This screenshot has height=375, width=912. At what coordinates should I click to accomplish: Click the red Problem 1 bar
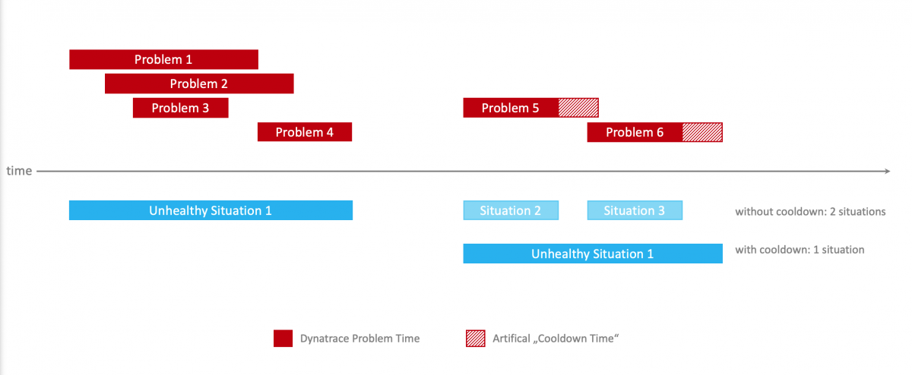pyautogui.click(x=163, y=59)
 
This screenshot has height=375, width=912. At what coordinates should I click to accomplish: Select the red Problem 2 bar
pyautogui.click(x=199, y=84)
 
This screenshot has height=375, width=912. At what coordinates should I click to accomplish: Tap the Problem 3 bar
pyautogui.click(x=180, y=108)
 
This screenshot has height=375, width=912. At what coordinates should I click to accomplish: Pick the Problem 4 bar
pyautogui.click(x=304, y=132)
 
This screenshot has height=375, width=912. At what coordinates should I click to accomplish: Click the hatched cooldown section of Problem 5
pyautogui.click(x=578, y=108)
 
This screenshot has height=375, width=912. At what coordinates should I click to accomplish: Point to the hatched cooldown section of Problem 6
pyautogui.click(x=702, y=132)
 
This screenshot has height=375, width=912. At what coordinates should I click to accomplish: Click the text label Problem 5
pyautogui.click(x=510, y=108)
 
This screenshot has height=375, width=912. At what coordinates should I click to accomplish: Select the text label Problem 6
pyautogui.click(x=635, y=132)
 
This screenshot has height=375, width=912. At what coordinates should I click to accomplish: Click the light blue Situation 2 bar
pyautogui.click(x=511, y=210)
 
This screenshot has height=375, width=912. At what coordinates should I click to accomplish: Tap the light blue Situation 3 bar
pyautogui.click(x=635, y=210)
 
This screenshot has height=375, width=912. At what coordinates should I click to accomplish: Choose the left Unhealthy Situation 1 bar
pyautogui.click(x=211, y=210)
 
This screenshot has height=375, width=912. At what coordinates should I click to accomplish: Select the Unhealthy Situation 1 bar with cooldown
pyautogui.click(x=592, y=254)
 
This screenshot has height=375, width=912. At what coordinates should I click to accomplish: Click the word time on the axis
pyautogui.click(x=19, y=172)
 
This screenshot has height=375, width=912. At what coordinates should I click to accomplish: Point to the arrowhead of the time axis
pyautogui.click(x=885, y=172)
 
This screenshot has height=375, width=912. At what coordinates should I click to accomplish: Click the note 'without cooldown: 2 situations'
pyautogui.click(x=810, y=212)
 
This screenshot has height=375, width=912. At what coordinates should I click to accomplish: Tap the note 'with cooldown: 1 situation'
pyautogui.click(x=800, y=250)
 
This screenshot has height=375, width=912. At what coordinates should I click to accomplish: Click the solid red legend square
pyautogui.click(x=283, y=339)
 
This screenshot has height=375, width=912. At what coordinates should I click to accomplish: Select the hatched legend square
pyautogui.click(x=474, y=339)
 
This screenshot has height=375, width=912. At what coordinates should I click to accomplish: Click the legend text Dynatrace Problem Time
pyautogui.click(x=359, y=339)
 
